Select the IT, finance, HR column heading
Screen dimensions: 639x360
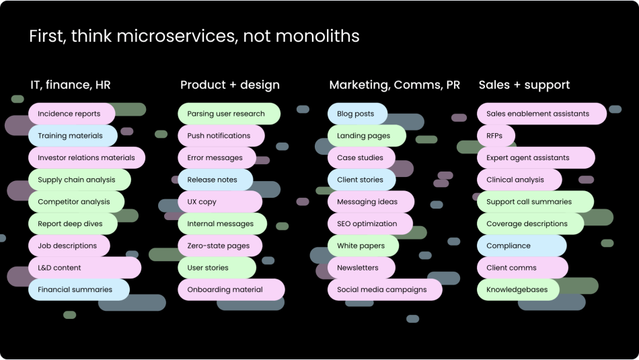pos(71,85)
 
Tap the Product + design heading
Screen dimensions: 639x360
pos(230,85)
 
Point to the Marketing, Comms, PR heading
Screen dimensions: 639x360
pos(394,85)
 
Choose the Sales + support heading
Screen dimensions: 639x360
pos(524,85)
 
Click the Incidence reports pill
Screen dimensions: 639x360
pos(72,114)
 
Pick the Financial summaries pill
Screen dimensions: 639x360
pos(79,289)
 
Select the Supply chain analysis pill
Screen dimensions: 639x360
pos(79,180)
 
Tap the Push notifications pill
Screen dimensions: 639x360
pos(221,136)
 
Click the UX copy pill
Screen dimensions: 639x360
pos(220,202)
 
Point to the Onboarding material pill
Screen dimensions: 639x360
pos(231,289)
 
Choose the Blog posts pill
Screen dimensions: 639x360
pos(357,114)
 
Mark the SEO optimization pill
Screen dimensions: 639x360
pos(370,224)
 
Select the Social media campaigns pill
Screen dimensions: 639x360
pos(385,289)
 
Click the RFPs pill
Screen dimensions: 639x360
pos(496,136)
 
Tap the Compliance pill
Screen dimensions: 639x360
pos(522,246)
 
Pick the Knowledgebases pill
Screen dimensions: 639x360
pos(518,289)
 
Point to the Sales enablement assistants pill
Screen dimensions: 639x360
pos(541,114)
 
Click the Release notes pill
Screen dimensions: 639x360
pos(215,180)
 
